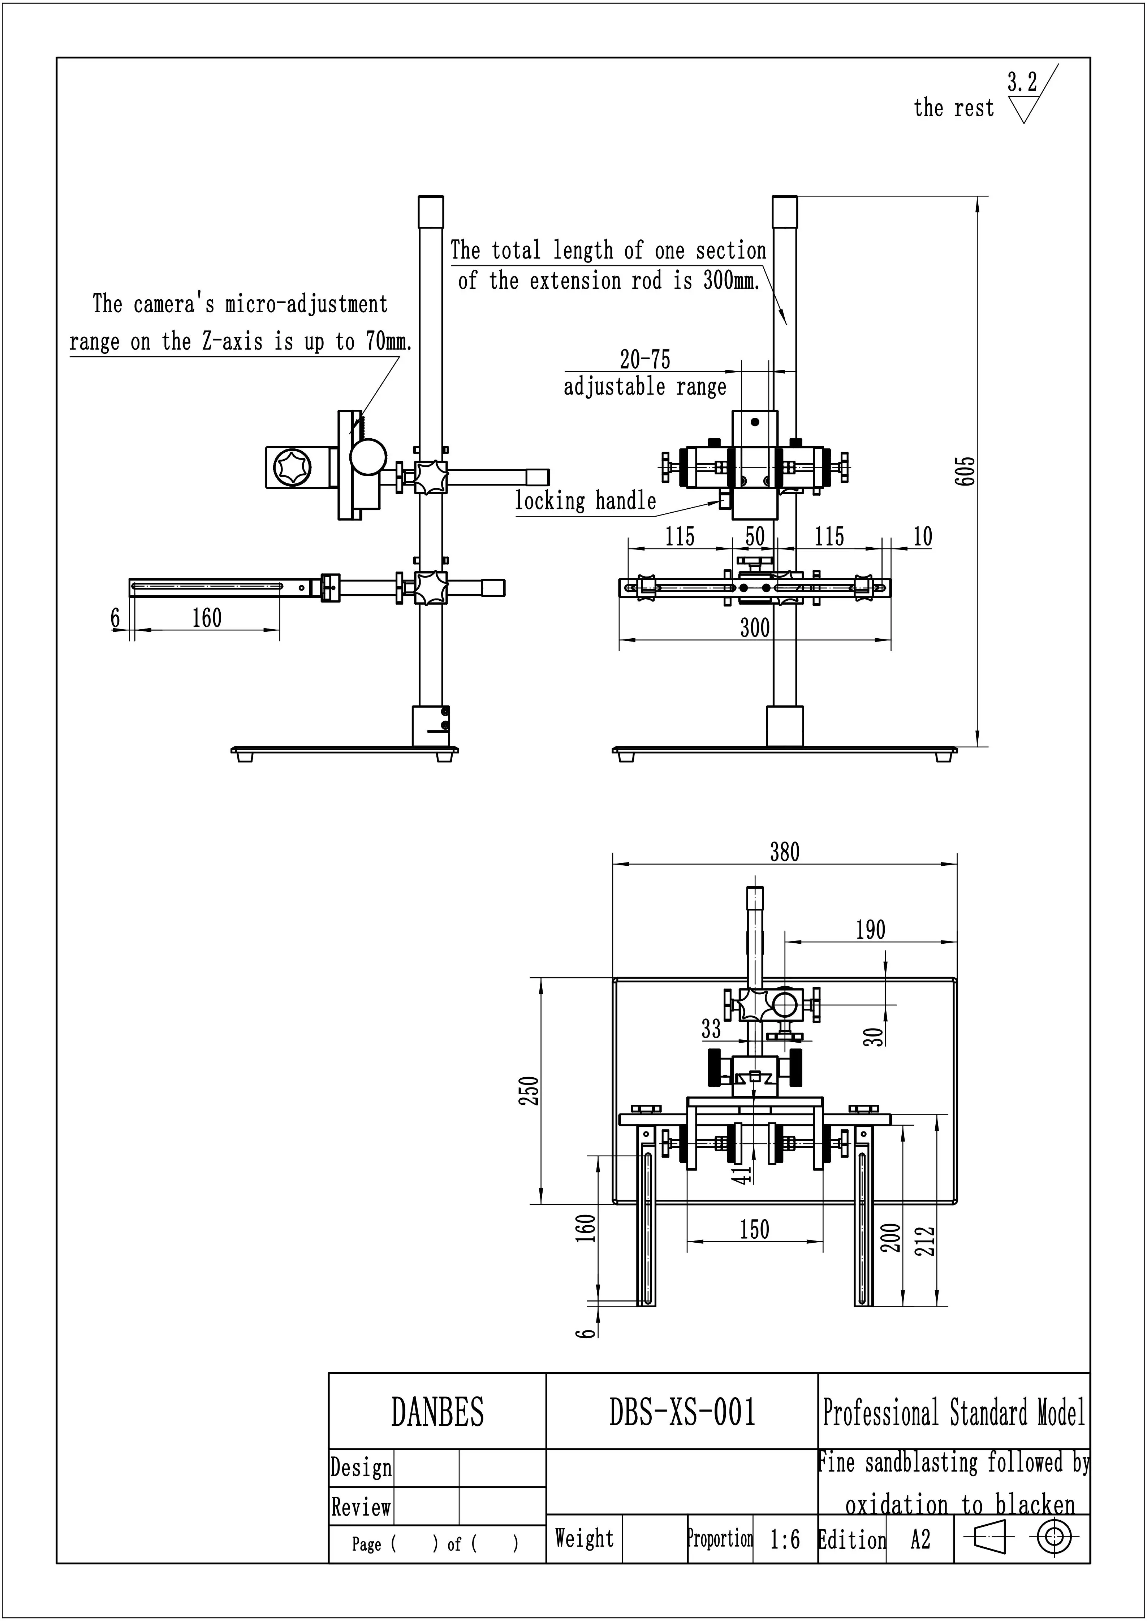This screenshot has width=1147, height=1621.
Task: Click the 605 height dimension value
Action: (x=966, y=471)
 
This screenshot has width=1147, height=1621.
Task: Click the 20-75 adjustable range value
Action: (x=645, y=359)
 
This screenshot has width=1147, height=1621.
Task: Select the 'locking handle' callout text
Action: (x=586, y=501)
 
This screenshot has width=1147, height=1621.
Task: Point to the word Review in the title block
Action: (x=361, y=1507)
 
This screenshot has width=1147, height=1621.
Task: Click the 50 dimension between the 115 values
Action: (x=755, y=536)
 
